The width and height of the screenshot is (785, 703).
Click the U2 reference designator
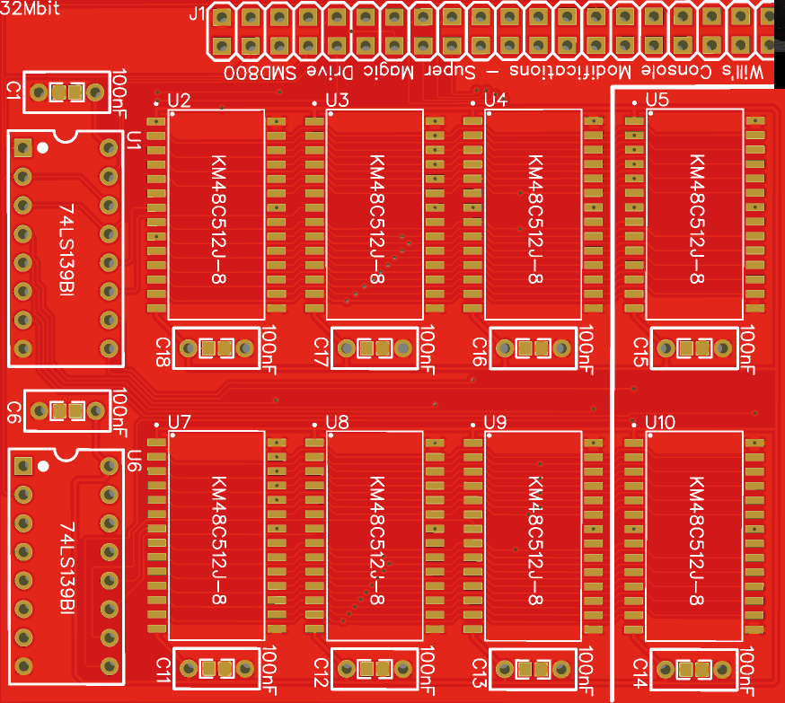pyautogui.click(x=179, y=101)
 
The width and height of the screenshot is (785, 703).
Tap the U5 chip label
pyautogui.click(x=657, y=101)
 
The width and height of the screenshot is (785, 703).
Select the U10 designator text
pyautogui.click(x=659, y=422)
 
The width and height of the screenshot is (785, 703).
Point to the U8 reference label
pyautogui.click(x=338, y=422)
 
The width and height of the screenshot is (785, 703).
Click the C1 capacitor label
pyautogui.click(x=13, y=89)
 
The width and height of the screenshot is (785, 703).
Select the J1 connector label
pyautogui.click(x=198, y=13)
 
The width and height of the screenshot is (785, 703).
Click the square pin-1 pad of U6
pyautogui.click(x=23, y=466)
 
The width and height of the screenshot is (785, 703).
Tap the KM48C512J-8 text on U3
pyautogui.click(x=376, y=219)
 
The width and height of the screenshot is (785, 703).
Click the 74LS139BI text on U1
pyautogui.click(x=66, y=250)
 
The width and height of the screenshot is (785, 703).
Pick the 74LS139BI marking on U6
pyautogui.click(x=66, y=568)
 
